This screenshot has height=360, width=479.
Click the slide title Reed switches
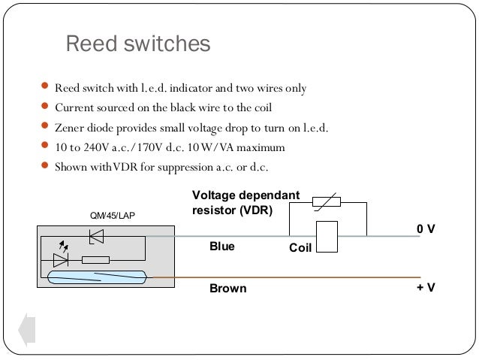click(138, 44)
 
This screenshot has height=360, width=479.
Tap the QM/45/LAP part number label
click(113, 216)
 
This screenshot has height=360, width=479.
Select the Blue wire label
click(222, 247)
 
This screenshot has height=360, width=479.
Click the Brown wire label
click(228, 289)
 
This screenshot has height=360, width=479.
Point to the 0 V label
click(426, 229)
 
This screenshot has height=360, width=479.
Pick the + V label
click(426, 288)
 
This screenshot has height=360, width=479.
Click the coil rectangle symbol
click(327, 237)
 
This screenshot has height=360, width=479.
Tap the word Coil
click(300, 248)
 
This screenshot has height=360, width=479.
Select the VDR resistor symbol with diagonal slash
click(327, 202)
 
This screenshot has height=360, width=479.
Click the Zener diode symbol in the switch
click(97, 237)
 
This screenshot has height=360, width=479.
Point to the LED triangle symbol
click(61, 260)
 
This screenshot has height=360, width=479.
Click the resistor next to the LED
click(95, 260)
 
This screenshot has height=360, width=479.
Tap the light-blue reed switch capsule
click(98, 277)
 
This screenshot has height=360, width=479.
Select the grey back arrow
click(27, 330)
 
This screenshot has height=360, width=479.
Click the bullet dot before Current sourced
click(44, 106)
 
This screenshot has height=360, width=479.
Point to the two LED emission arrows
click(64, 246)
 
